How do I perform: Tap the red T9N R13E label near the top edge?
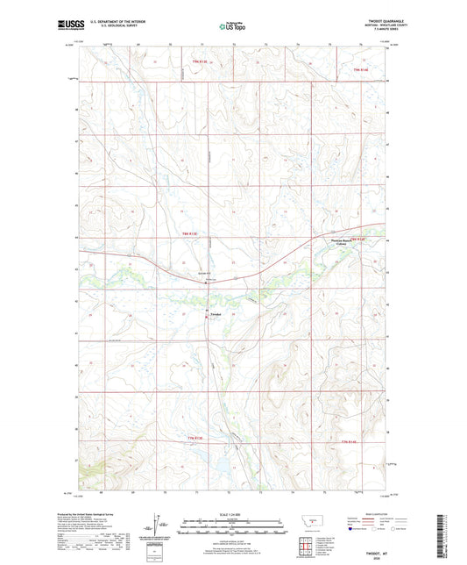pos(202,61)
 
